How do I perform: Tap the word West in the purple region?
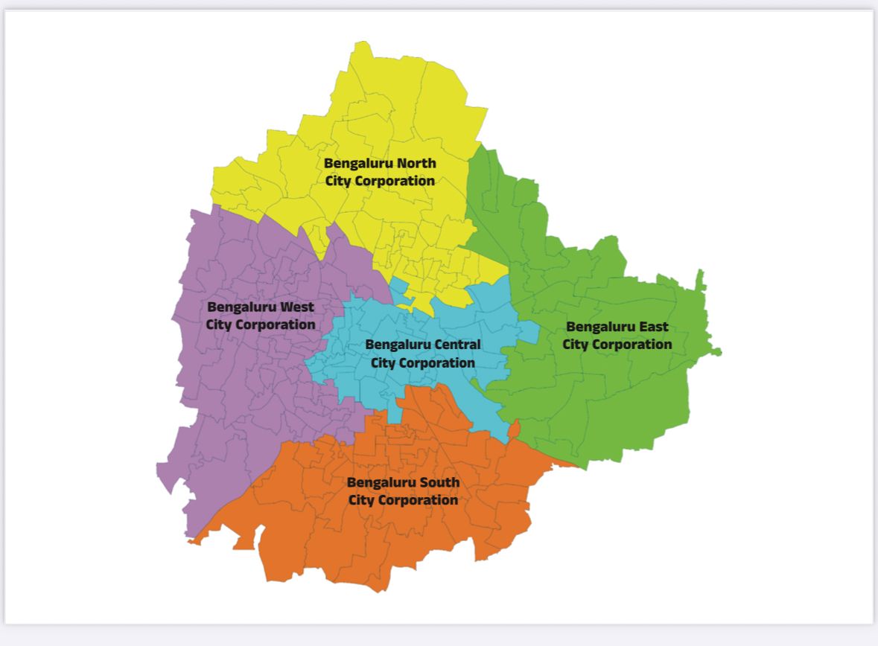pyautogui.click(x=296, y=307)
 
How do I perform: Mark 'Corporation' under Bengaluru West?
pyautogui.click(x=275, y=324)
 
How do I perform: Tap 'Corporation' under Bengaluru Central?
pyautogui.click(x=435, y=362)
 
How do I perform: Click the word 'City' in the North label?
pyautogui.click(x=338, y=181)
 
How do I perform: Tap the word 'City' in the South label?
pyautogui.click(x=361, y=500)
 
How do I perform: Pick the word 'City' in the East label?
pyautogui.click(x=575, y=345)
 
